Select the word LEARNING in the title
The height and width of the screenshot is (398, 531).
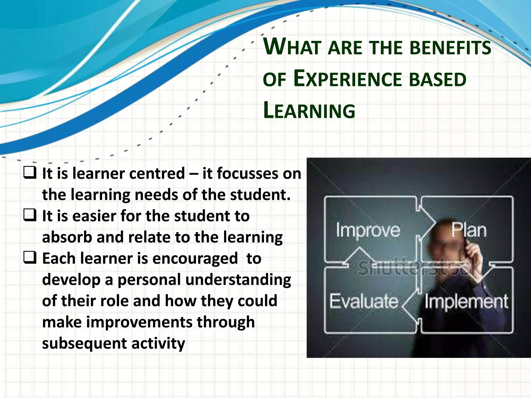309,111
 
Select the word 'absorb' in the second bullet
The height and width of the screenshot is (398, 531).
67,237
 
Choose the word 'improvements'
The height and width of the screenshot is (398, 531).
139,322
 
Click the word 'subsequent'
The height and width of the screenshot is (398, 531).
84,344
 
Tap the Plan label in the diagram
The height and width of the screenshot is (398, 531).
469,230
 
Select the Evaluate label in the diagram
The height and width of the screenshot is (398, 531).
364,302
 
